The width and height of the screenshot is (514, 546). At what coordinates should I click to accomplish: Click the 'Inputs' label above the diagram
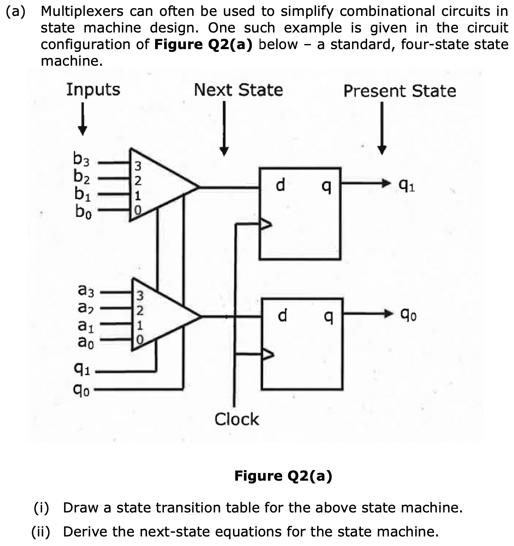[93, 90]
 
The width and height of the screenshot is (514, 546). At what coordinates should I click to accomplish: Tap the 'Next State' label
[238, 90]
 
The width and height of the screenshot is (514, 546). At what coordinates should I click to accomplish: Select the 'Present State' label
[400, 91]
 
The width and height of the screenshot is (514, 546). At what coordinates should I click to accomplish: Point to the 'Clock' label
[237, 419]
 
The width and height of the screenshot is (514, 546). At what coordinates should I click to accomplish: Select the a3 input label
[86, 291]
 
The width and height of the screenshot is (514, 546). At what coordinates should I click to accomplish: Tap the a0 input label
[86, 342]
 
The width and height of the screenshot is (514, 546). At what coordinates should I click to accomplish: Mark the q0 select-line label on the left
[82, 390]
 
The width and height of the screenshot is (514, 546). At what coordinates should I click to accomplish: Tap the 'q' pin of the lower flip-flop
[328, 315]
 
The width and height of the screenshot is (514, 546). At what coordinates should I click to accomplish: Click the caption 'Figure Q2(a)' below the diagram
[283, 476]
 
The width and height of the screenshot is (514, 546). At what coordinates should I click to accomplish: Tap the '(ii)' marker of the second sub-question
[41, 531]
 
